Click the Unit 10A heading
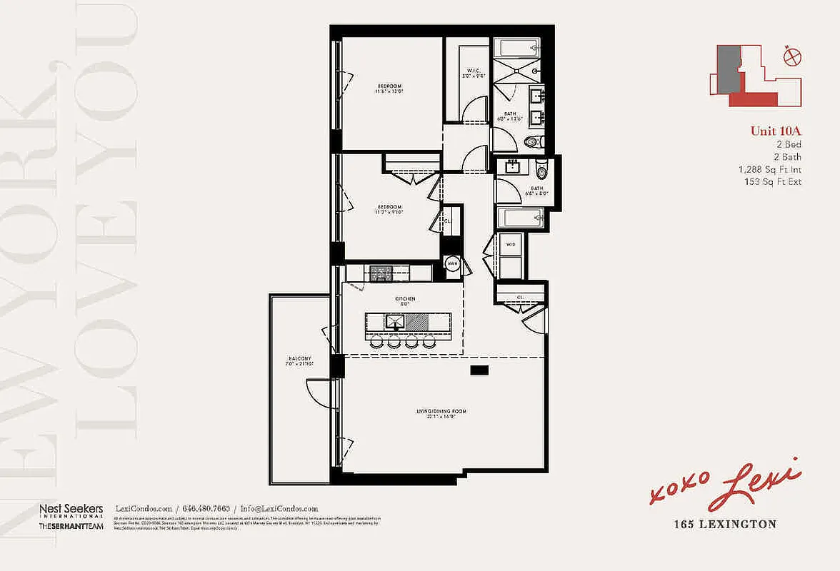pos(776,131)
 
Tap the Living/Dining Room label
pos(436,413)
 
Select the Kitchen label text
pos(404,300)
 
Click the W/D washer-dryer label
pos(510,245)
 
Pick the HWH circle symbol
pos(452,264)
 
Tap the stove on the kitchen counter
pos(379,272)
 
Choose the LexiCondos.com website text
pos(144,507)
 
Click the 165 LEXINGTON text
pos(725,525)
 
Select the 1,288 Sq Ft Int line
pos(770,169)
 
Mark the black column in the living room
pos(479,370)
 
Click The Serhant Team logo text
pos(71,526)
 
